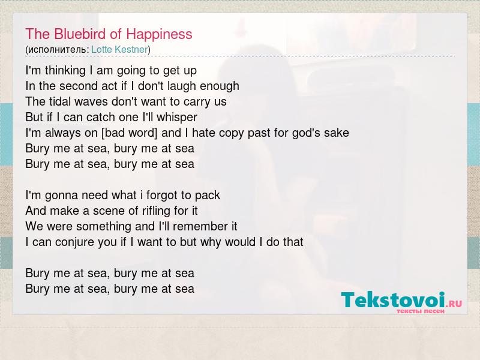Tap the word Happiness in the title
click(159, 35)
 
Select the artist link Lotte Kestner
click(119, 49)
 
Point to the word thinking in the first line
click(65, 71)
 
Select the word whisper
click(176, 118)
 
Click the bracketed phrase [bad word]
click(130, 133)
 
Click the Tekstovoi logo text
click(393, 299)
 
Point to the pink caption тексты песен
click(421, 311)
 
